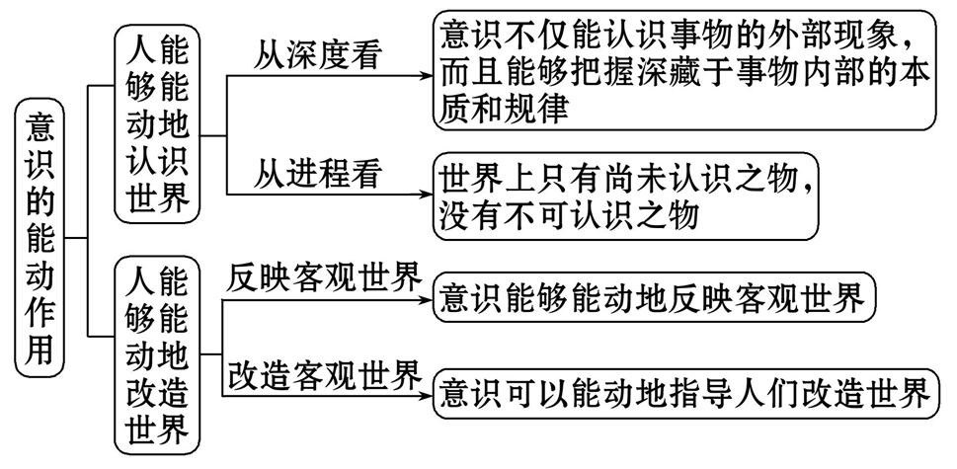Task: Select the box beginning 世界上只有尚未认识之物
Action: coord(633,195)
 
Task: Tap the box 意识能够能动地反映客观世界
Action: coord(655,297)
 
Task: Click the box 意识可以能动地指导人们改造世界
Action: coord(684,392)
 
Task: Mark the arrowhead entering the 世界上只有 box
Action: coord(426,192)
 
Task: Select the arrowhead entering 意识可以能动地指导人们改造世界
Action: coord(426,393)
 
